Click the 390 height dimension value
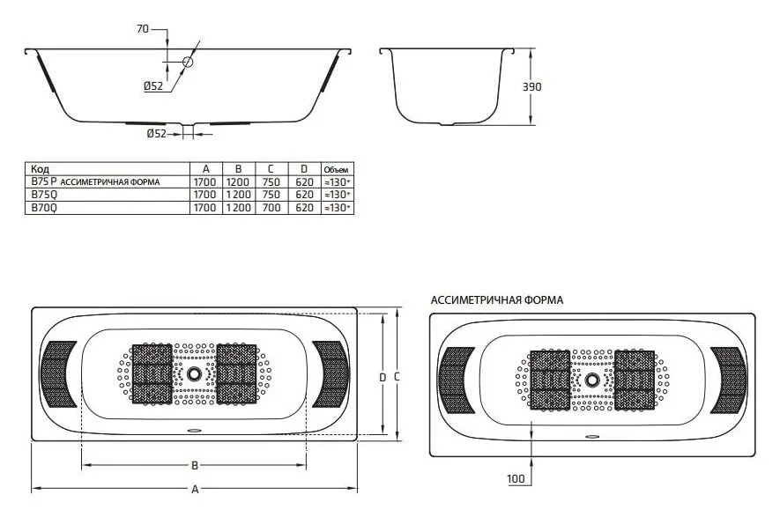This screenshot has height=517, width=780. click(531, 87)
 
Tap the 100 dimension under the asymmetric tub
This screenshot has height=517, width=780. click(516, 478)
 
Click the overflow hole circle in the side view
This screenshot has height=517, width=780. click(187, 63)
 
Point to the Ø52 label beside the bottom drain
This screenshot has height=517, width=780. click(156, 134)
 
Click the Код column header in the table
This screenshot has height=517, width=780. click(40, 168)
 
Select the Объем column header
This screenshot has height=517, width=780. click(336, 169)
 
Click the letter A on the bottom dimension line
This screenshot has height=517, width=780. click(195, 490)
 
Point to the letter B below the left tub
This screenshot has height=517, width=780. click(195, 465)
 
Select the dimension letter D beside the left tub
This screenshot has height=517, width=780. click(382, 377)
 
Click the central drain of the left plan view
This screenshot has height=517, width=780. click(195, 373)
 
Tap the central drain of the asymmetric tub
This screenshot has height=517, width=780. click(592, 380)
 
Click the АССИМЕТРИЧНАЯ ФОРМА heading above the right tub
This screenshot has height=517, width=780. click(496, 300)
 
